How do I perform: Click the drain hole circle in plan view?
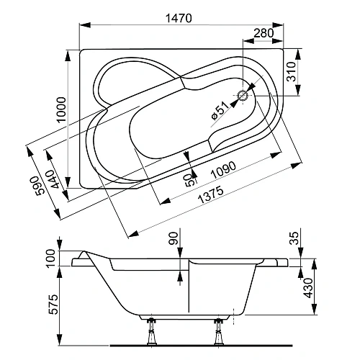[243, 94]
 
